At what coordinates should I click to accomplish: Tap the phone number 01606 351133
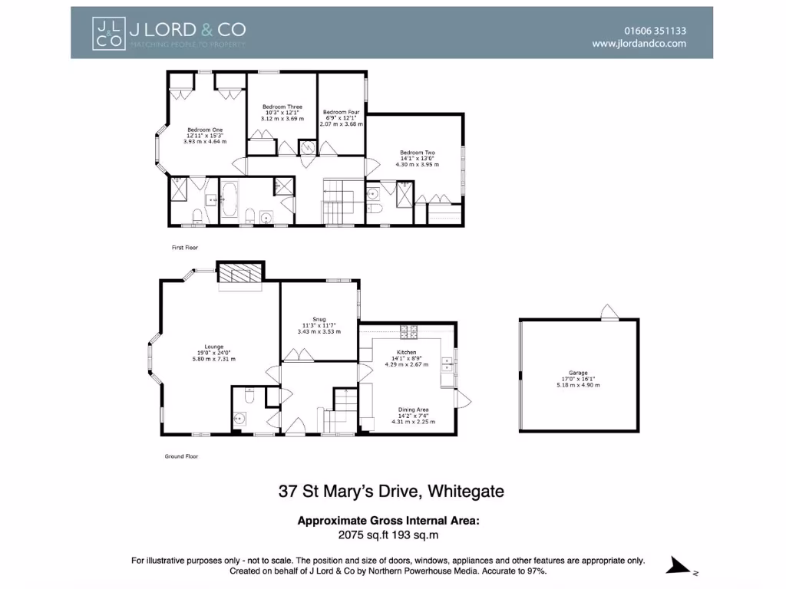(655, 31)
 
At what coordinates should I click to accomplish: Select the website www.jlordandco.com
(639, 44)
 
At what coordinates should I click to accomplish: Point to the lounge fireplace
(240, 274)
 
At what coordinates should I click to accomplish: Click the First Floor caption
(184, 248)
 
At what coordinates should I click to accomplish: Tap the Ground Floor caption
(181, 456)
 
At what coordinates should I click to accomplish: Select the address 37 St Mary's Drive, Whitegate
(391, 492)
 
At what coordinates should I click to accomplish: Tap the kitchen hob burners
(408, 331)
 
